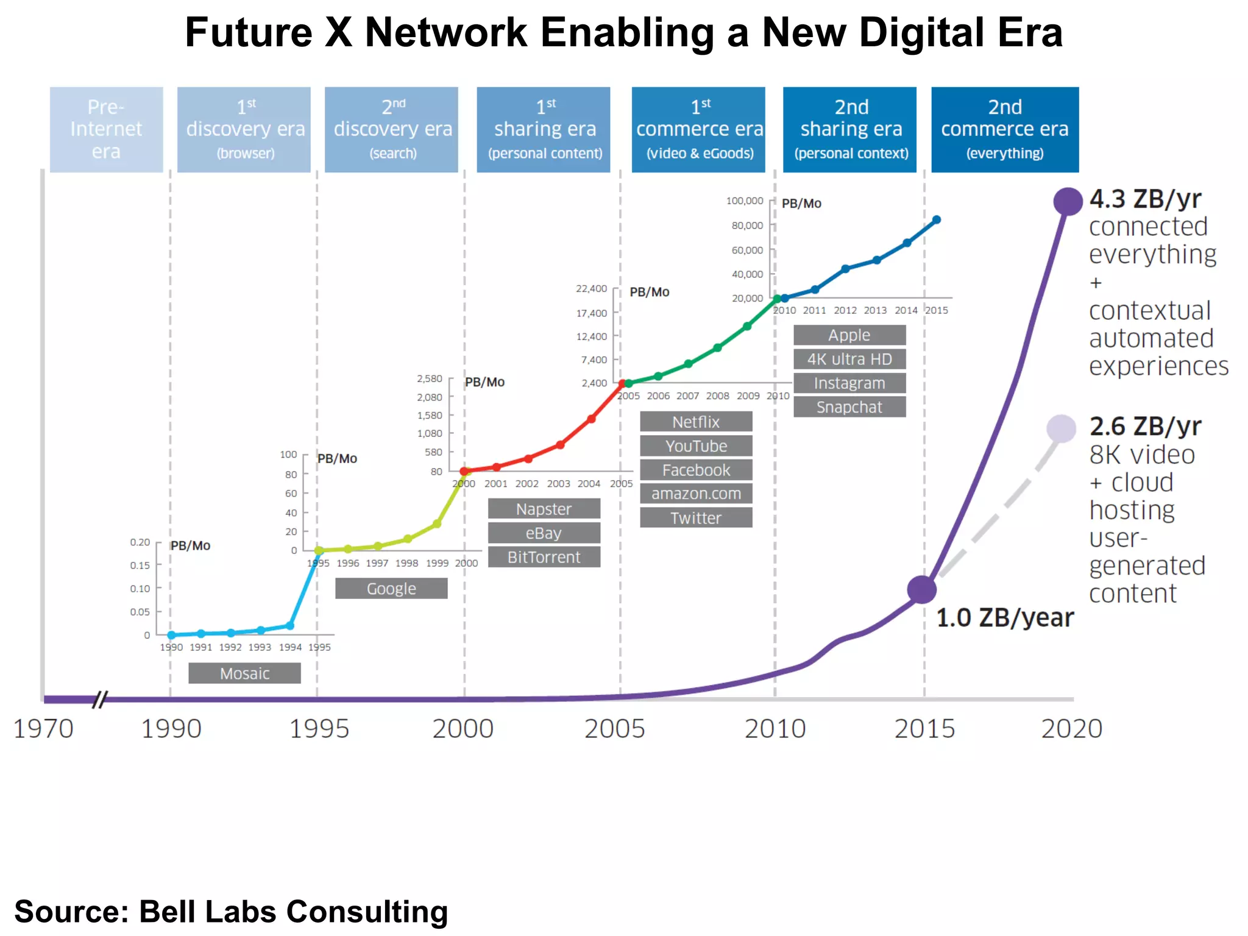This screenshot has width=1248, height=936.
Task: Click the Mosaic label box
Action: click(244, 673)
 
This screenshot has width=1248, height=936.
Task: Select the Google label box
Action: click(391, 588)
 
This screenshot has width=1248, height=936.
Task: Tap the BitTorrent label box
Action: click(544, 557)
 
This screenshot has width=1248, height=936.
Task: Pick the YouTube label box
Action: click(696, 445)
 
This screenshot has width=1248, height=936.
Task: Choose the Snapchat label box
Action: click(849, 407)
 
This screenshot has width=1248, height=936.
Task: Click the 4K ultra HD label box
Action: click(849, 359)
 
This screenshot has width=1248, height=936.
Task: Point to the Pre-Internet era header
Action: click(106, 129)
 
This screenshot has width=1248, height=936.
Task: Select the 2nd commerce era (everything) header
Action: click(1004, 129)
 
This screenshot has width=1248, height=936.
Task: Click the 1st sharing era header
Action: click(544, 129)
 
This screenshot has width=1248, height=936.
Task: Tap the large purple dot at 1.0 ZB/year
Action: click(921, 589)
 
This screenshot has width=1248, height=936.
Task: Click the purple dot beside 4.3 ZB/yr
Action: click(1068, 201)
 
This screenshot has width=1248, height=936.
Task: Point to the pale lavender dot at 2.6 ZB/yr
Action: click(1061, 428)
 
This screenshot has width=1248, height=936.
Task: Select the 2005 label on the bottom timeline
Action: click(614, 728)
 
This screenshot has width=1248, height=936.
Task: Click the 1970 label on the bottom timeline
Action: click(43, 728)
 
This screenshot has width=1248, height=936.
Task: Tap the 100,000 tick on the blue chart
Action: click(744, 200)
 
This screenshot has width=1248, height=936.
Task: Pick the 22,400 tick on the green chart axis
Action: click(591, 288)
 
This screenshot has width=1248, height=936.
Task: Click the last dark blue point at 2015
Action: click(937, 220)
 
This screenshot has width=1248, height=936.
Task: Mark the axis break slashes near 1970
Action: click(100, 699)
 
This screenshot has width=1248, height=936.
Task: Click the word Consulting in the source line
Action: click(367, 912)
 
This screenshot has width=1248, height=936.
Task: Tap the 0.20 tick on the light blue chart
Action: click(140, 542)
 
